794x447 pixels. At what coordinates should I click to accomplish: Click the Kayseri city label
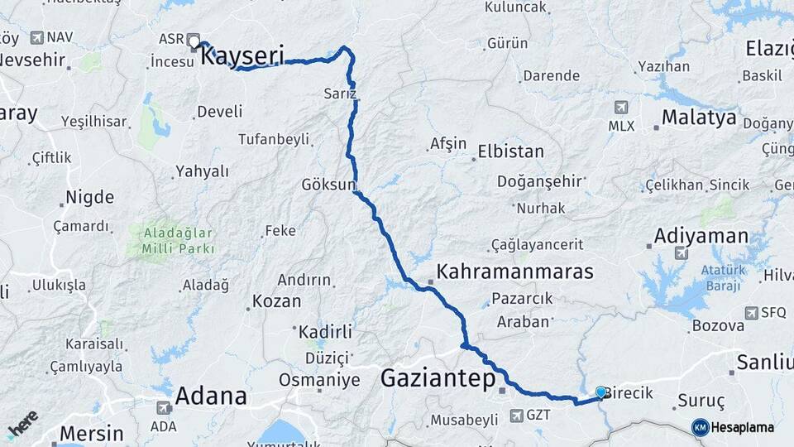point(242,56)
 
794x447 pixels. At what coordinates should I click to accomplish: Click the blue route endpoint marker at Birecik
point(600,392)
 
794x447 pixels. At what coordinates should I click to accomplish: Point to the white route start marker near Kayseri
point(194,40)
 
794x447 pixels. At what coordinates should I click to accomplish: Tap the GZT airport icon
point(517,415)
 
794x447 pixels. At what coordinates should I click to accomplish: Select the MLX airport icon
point(621,108)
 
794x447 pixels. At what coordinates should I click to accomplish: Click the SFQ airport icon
point(752,313)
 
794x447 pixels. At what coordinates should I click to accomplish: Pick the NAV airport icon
point(36,37)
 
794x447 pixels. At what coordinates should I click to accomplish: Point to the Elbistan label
point(511,151)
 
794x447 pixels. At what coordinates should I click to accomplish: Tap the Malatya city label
point(699,118)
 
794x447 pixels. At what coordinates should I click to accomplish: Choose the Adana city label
point(211,396)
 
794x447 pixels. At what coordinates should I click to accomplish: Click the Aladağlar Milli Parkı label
point(179,240)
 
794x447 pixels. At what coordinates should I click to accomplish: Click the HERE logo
point(22,425)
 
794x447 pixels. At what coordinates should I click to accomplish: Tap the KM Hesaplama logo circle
point(700,427)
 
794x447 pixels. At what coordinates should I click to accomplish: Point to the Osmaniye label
point(319,380)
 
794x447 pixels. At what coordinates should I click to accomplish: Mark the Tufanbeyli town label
point(273,139)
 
